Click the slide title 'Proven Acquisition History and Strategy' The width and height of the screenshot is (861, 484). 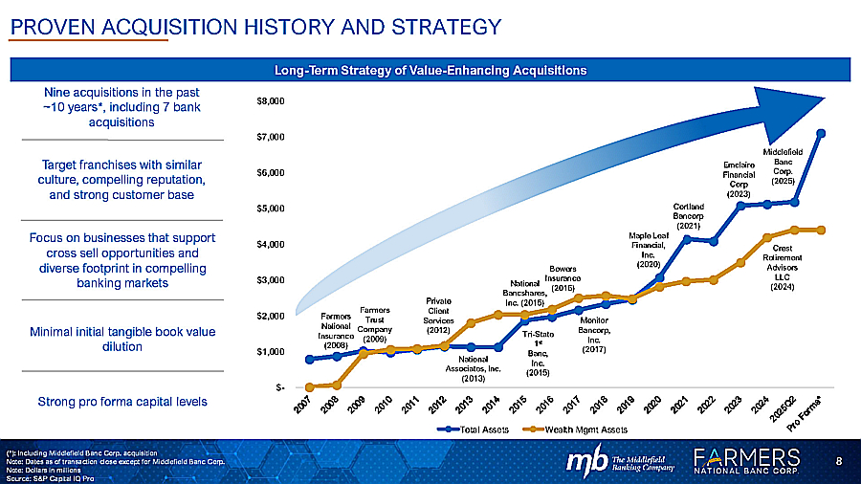point(254,27)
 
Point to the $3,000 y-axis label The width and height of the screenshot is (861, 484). point(272,280)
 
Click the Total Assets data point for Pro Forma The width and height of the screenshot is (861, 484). point(821,133)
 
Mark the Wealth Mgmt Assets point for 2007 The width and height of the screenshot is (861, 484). point(310,386)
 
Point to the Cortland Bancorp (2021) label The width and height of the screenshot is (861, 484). point(689,215)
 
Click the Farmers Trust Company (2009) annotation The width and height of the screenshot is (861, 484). point(374,324)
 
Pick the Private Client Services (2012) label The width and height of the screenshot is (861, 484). point(439,316)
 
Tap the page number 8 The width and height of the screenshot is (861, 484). point(839,462)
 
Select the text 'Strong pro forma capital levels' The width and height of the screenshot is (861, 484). point(121,401)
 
